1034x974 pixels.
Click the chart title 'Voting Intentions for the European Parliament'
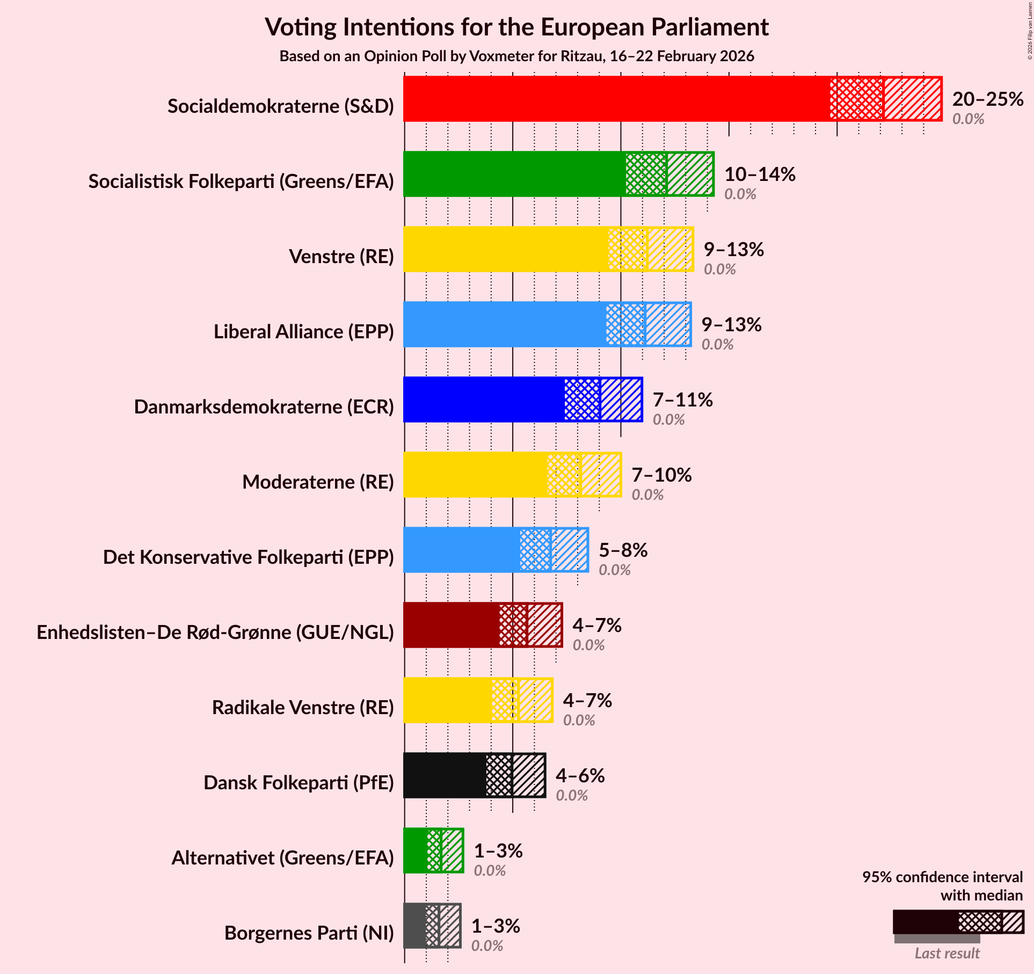coord(516,27)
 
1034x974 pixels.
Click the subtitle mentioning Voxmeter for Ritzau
coord(516,56)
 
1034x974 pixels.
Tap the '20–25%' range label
coord(987,99)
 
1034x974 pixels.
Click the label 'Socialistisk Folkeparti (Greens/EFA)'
coord(241,181)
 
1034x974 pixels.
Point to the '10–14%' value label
coord(760,175)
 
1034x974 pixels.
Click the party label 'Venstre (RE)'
coord(341,257)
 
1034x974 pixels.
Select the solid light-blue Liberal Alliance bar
coord(505,324)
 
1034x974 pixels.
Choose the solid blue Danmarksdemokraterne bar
coord(484,399)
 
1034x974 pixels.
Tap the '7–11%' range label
coord(682,400)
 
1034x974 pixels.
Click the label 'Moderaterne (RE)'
coord(318,482)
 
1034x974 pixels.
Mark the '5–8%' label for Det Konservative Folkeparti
coord(623,550)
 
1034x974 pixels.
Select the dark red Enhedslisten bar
coord(452,625)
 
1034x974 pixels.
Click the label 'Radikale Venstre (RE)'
coord(303,708)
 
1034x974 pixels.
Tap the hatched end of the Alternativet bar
coord(452,851)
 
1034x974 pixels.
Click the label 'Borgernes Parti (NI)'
coord(309,933)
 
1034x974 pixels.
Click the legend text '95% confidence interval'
coord(942,877)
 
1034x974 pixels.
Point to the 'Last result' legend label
coord(947,953)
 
